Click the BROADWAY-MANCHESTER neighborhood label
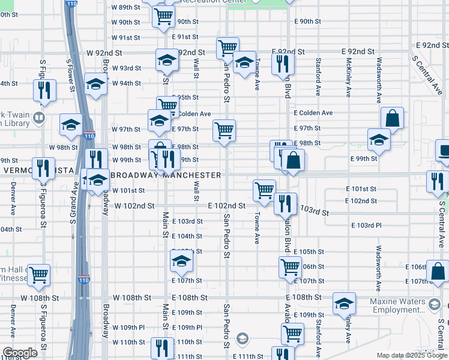tap(166, 175)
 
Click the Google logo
tap(20, 353)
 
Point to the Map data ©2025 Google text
tap(412, 355)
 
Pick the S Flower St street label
tap(71, 73)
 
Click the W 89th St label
tap(126, 7)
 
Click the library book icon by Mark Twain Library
tap(40, 117)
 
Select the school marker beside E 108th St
tap(344, 303)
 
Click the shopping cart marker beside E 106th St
tap(290, 266)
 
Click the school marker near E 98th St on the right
tap(379, 139)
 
